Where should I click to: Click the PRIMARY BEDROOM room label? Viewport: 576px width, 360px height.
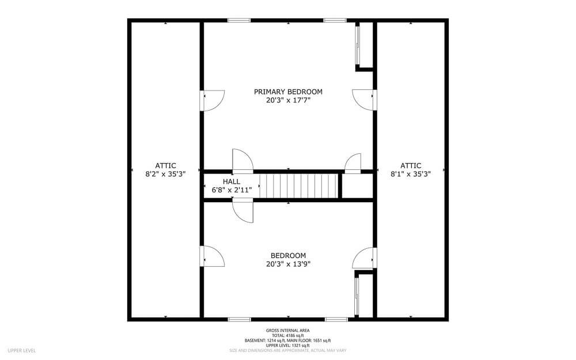point(288,92)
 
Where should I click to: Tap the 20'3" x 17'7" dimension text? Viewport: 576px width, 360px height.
point(289,100)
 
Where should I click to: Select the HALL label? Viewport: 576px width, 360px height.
point(232,181)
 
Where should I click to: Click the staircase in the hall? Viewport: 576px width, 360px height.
point(298,186)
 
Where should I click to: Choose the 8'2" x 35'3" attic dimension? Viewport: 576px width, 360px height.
point(165,174)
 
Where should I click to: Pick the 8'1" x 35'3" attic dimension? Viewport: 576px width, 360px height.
point(411,174)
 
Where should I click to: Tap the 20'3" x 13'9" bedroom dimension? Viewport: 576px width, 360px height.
point(289,264)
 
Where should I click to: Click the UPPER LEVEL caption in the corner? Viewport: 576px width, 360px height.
point(22,350)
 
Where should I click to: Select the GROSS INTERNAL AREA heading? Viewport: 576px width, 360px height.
point(287,331)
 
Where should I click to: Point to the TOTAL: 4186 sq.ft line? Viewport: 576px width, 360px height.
point(287,335)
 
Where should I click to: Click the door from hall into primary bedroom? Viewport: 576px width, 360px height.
point(243,161)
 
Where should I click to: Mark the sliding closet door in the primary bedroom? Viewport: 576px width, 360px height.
point(357,45)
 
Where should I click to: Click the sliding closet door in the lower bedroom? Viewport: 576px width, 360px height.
point(357,297)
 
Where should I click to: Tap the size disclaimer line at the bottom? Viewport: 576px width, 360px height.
point(287,350)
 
